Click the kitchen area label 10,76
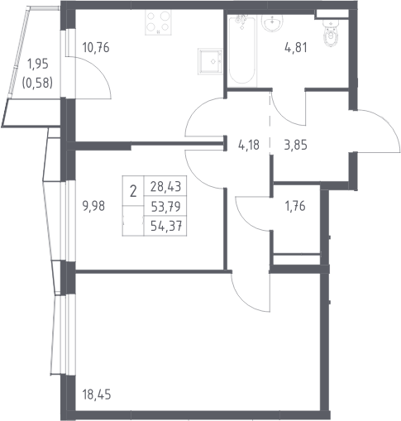(96, 48)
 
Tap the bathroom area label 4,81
(295, 47)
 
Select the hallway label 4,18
(249, 145)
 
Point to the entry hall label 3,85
(295, 145)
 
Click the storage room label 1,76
(295, 206)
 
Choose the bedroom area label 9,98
(93, 206)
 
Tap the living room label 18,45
(97, 395)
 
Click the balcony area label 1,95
(38, 64)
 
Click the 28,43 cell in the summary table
(165, 186)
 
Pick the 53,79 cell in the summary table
(165, 206)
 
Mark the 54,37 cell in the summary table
(165, 227)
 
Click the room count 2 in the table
(133, 191)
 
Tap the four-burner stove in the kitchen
(158, 22)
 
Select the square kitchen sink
(210, 61)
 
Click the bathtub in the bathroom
(242, 50)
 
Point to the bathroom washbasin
(273, 22)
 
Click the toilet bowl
(330, 36)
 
